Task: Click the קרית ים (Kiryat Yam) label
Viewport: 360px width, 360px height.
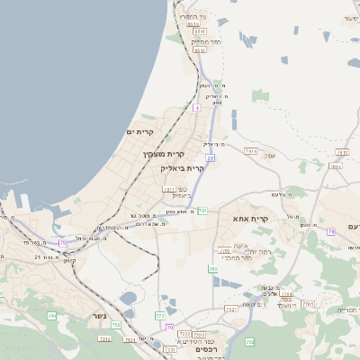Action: pyautogui.click(x=140, y=132)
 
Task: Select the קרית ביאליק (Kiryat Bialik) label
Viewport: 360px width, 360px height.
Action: pyautogui.click(x=183, y=167)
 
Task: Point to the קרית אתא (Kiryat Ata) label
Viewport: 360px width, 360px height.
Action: pyautogui.click(x=251, y=219)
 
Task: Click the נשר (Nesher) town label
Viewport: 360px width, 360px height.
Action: pyautogui.click(x=98, y=316)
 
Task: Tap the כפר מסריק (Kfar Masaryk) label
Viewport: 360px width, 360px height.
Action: pyautogui.click(x=206, y=42)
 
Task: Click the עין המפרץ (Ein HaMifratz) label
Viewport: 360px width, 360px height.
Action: pyautogui.click(x=193, y=17)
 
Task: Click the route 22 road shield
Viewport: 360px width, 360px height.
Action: pyautogui.click(x=210, y=158)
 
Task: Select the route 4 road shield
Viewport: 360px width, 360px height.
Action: pyautogui.click(x=196, y=107)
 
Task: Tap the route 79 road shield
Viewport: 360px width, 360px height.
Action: pyautogui.click(x=331, y=232)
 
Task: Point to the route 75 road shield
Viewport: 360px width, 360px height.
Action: pyautogui.click(x=63, y=243)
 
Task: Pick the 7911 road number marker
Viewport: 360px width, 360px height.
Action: pyautogui.click(x=167, y=190)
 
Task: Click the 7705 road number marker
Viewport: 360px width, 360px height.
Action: pyautogui.click(x=307, y=305)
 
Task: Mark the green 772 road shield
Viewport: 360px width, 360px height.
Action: pyautogui.click(x=159, y=316)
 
